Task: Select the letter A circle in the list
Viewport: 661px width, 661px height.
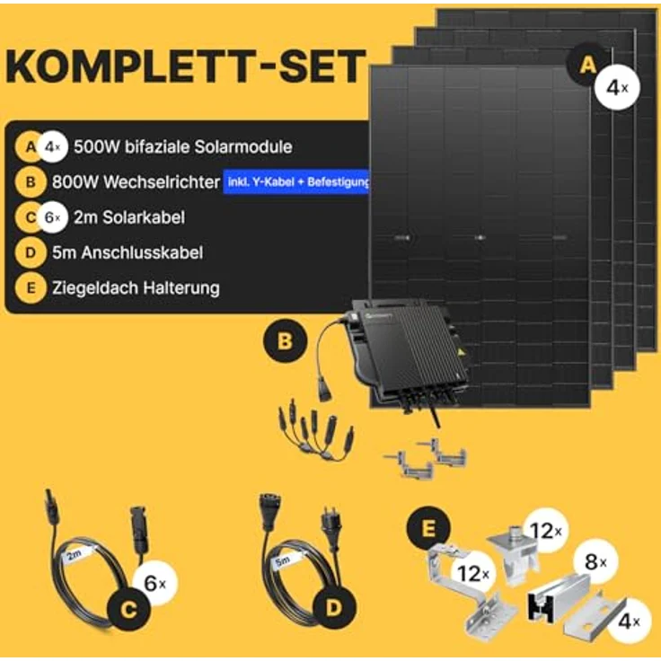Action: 31,146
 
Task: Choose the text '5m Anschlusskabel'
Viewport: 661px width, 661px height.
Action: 128,253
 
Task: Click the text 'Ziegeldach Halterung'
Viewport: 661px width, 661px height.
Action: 136,288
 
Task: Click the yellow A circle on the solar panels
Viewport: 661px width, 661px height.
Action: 588,66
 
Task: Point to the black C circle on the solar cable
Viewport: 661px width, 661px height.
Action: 128,610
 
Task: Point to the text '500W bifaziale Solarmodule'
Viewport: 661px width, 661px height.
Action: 183,146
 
